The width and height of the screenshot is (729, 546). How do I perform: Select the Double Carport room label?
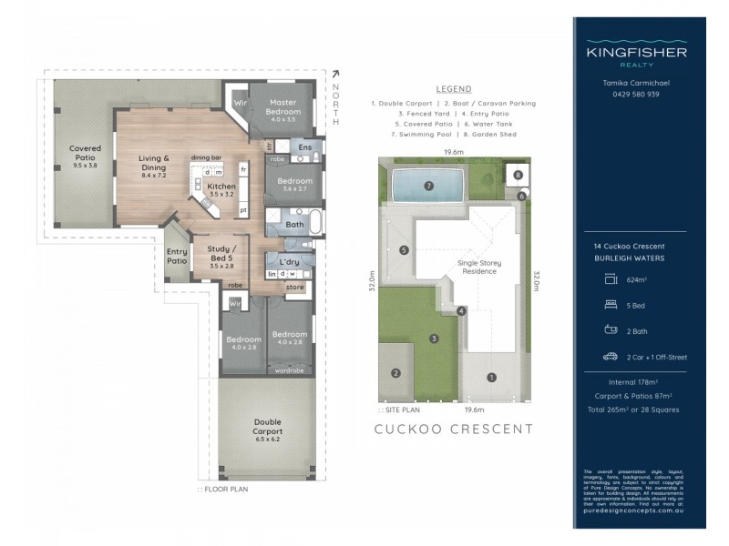(268, 427)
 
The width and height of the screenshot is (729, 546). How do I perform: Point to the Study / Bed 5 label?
(221, 253)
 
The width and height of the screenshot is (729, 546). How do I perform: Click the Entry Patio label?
(177, 257)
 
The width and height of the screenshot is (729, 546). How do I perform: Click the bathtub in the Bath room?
(313, 222)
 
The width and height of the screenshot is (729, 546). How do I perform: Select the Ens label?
(305, 147)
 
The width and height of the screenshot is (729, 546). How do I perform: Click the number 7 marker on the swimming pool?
(427, 187)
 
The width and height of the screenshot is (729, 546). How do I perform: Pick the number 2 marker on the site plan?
(395, 372)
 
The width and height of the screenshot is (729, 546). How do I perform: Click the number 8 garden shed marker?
(518, 175)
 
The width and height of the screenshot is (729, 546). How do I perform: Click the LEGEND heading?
(453, 89)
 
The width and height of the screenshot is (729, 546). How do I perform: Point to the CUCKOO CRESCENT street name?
(454, 429)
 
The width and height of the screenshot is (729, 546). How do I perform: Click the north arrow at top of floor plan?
(334, 75)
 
